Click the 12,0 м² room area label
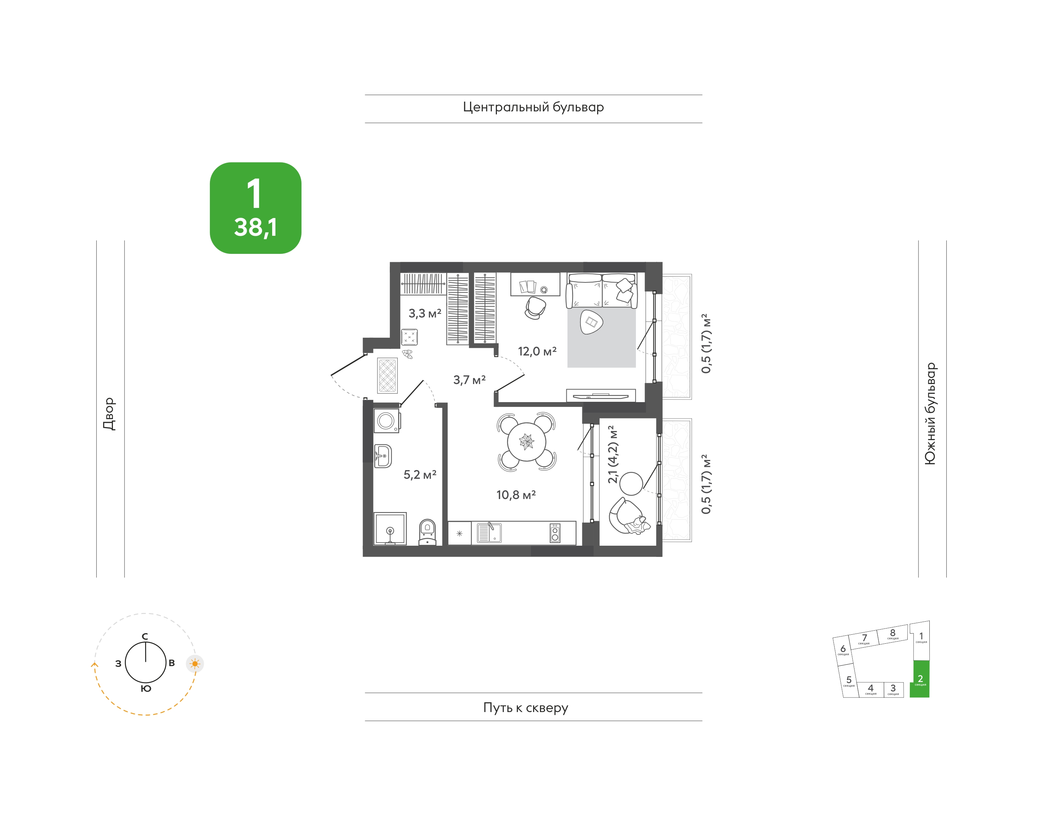point(537,352)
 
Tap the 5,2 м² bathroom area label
point(420,474)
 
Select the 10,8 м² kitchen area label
point(516,495)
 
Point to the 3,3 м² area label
point(425,314)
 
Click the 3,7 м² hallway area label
point(469,380)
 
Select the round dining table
point(526,442)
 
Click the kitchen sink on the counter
point(489,533)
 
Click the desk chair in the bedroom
point(535,307)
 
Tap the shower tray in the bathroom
point(390,529)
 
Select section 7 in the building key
point(864,639)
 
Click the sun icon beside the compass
point(195,664)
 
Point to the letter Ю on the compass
point(146,689)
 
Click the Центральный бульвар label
point(533,107)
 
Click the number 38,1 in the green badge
point(255,227)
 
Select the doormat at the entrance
point(387,376)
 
